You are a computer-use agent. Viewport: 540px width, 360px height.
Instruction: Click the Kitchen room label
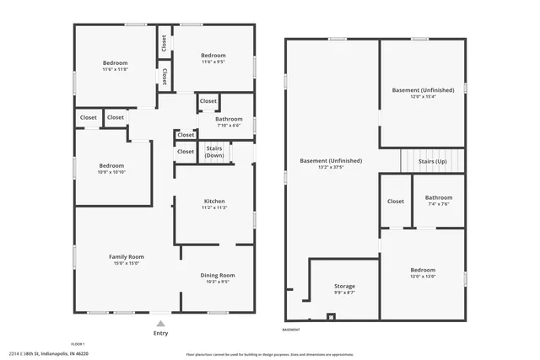pos(214,201)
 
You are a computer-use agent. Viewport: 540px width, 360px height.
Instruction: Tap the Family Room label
pos(126,256)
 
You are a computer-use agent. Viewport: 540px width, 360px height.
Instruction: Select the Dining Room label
pos(217,275)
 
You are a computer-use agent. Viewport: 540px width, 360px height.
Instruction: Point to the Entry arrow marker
pos(160,323)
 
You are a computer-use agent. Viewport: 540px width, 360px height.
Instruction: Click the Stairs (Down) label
pos(214,152)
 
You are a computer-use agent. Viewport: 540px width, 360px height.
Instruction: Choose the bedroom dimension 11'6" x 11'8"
pos(116,70)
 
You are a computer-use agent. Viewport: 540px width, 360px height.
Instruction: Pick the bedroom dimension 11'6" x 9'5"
pos(213,62)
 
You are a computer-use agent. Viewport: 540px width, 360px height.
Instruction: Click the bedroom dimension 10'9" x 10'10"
pos(111,173)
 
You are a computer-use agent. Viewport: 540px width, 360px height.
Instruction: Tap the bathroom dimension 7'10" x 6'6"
pos(228,126)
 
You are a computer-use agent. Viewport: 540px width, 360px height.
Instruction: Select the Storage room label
pos(343,286)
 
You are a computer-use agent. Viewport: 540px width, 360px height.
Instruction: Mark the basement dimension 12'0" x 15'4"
pos(423,97)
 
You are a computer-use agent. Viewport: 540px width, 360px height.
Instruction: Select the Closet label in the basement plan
pos(395,201)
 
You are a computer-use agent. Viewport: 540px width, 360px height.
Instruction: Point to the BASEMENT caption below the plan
pos(291,330)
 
